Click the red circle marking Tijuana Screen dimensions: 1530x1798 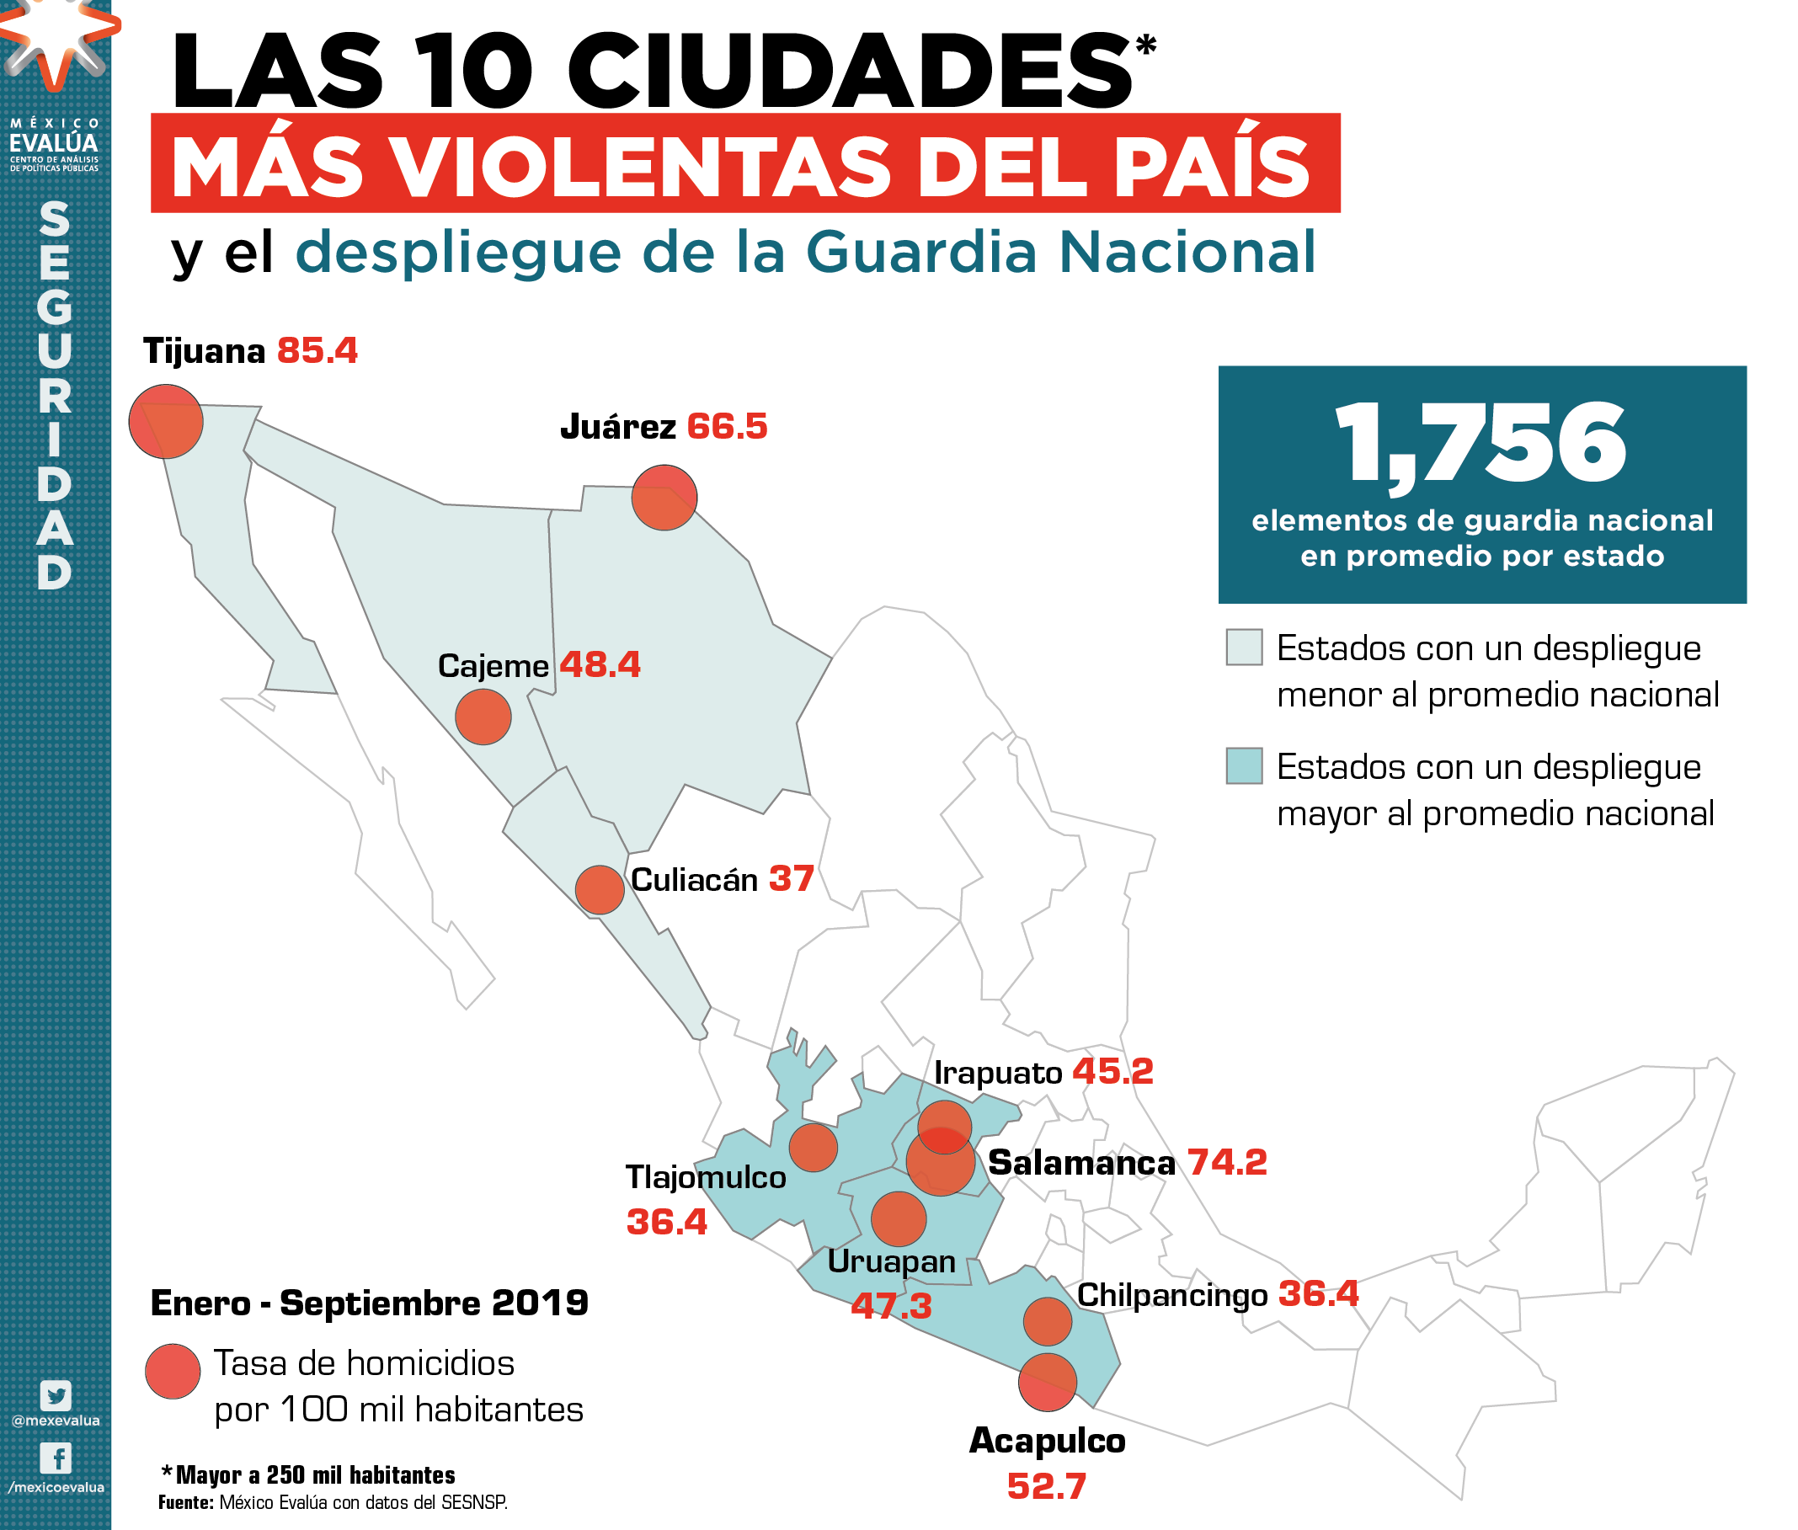[x=166, y=422]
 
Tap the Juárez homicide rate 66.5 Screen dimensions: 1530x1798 [x=727, y=427]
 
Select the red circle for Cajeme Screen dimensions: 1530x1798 [x=483, y=717]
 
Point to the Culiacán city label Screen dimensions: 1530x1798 [x=694, y=880]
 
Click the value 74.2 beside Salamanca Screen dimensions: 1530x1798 [x=1226, y=1162]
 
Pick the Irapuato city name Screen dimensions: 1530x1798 [x=997, y=1073]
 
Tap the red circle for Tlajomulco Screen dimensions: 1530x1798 [x=813, y=1148]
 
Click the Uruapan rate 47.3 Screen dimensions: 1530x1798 [x=891, y=1305]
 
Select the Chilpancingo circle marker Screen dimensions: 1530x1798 [x=1047, y=1322]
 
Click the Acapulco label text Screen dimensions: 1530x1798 [x=1047, y=1441]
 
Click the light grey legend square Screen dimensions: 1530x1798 [x=1244, y=648]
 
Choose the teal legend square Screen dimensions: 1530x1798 [x=1244, y=767]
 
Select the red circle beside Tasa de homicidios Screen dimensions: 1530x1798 [x=173, y=1372]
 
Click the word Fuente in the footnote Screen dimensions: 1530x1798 [x=185, y=1502]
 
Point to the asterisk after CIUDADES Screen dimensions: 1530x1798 [x=1146, y=45]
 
